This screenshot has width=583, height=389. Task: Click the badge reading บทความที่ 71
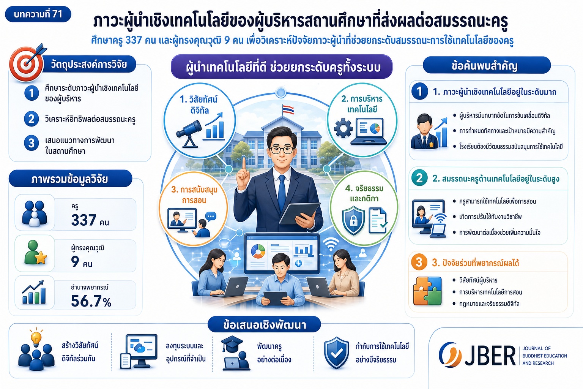tap(38, 14)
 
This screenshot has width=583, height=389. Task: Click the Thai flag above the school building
tap(288, 109)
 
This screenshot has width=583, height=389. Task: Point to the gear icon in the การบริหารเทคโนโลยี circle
tap(343, 128)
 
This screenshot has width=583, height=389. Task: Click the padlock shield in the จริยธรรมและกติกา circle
tap(353, 220)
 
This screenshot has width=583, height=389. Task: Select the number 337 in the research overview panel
tap(84, 220)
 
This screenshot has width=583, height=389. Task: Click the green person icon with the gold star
tap(35, 253)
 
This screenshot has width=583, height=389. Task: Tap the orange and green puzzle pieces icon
tap(427, 291)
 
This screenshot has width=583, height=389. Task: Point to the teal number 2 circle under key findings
tap(419, 178)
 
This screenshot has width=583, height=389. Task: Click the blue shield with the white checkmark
tap(337, 353)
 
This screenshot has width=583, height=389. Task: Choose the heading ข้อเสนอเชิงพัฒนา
tap(265, 325)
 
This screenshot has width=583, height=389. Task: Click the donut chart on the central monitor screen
tap(258, 251)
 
